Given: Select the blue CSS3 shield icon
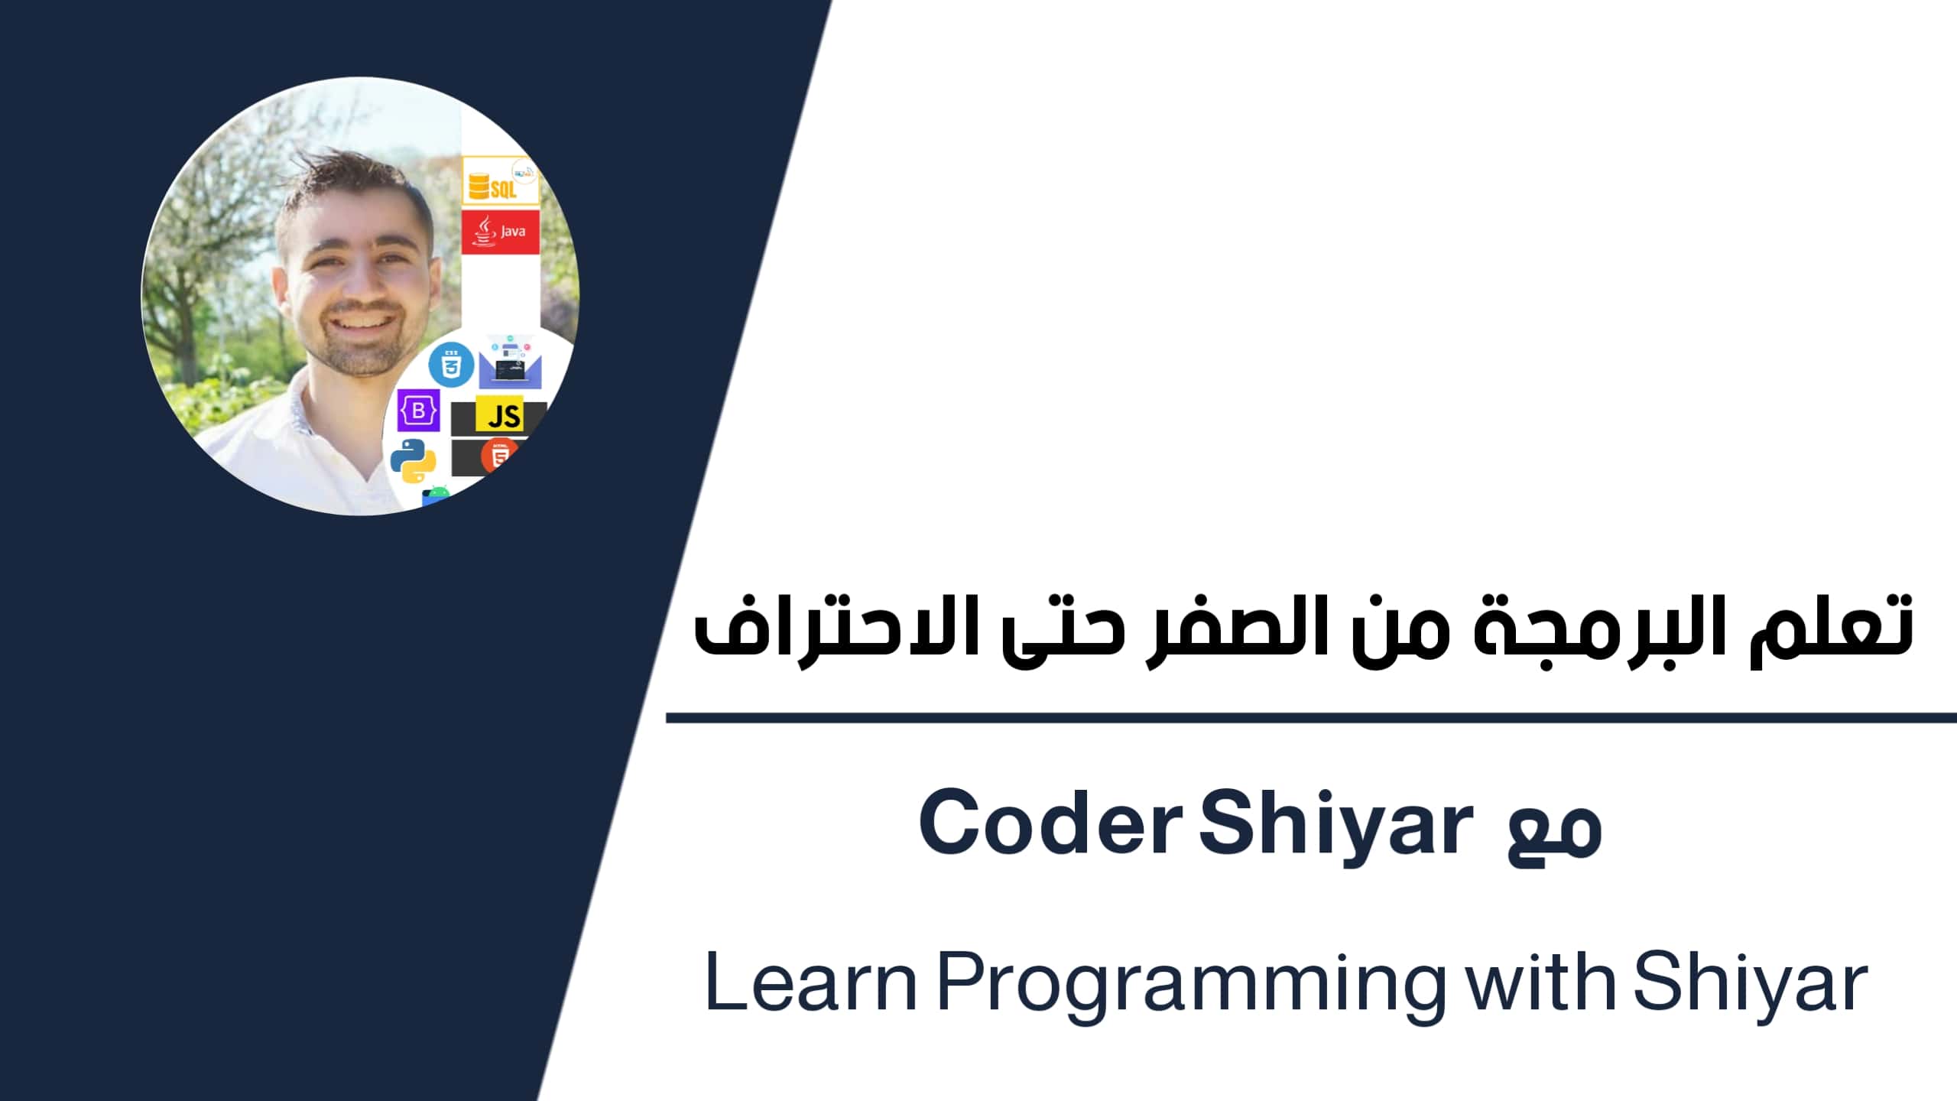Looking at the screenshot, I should point(451,365).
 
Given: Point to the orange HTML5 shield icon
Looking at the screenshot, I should point(498,457).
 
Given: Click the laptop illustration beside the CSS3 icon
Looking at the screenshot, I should point(511,365).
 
